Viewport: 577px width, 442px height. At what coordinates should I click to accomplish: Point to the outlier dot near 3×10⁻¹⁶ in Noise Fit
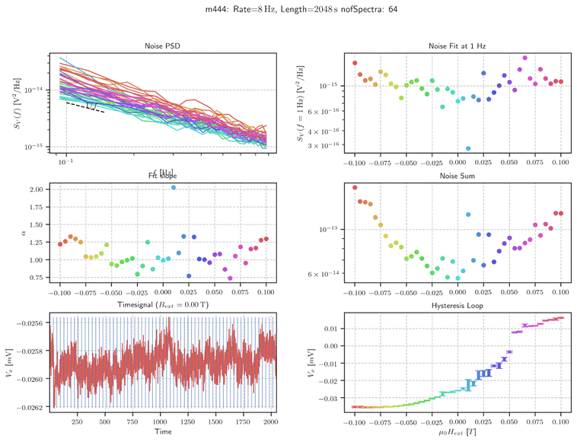(x=468, y=148)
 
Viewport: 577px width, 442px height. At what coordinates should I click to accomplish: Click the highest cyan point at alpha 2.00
(x=174, y=187)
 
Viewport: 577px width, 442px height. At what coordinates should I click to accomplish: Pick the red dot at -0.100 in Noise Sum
(x=355, y=187)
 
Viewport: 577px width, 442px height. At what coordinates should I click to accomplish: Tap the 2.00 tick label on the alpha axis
(x=36, y=189)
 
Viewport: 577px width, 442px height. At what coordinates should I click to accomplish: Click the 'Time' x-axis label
(x=163, y=431)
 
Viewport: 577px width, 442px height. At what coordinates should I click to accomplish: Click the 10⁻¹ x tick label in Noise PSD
(x=65, y=163)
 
